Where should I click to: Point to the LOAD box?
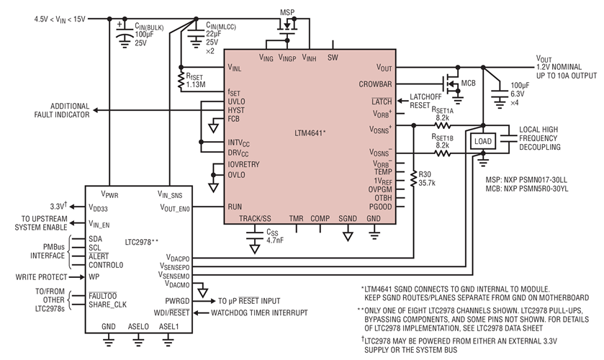pos(482,142)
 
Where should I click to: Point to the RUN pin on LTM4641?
pos(235,206)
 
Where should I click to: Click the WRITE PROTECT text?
pos(32,276)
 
